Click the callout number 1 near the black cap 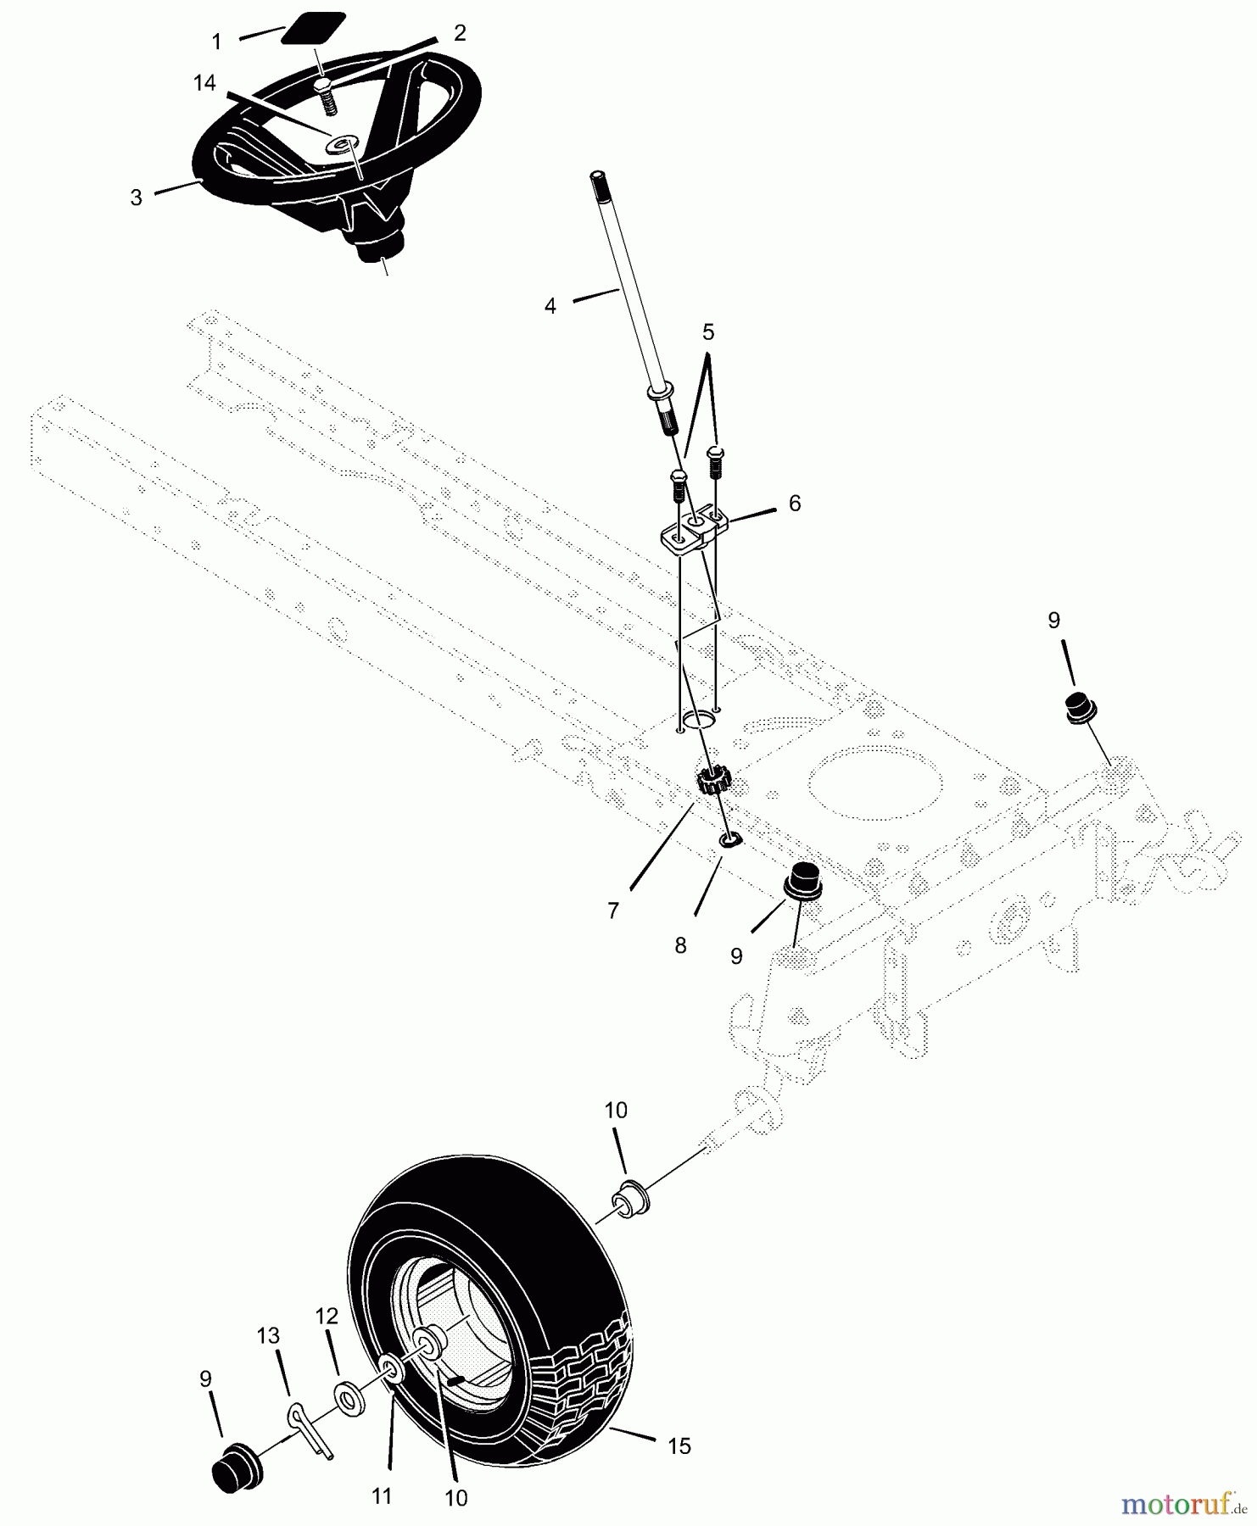tap(216, 42)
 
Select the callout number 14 tap(204, 83)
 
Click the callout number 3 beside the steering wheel tap(136, 198)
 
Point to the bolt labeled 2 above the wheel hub tap(327, 94)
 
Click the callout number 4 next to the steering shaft tap(550, 306)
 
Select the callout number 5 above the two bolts tap(708, 331)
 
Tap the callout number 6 tap(794, 503)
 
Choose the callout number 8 tap(680, 945)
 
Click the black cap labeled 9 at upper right tap(1078, 709)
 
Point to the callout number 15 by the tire tap(679, 1445)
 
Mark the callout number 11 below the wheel tap(383, 1496)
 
